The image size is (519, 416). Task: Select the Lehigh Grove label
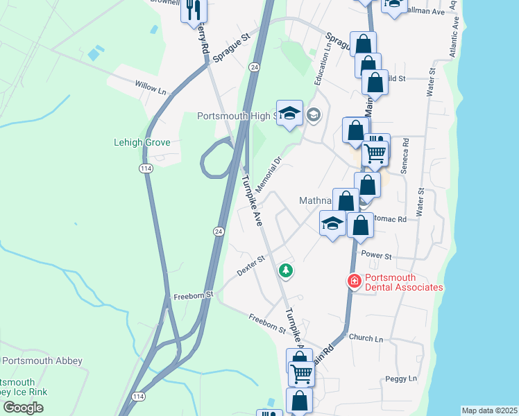[x=142, y=143]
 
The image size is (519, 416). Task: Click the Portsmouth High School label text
[x=236, y=116]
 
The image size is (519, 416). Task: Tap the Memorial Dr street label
[x=268, y=175]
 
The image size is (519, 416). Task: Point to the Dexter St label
[x=251, y=265]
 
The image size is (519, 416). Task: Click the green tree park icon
[x=284, y=270]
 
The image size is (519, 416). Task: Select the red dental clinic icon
[x=354, y=281]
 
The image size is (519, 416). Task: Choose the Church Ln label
[x=366, y=338]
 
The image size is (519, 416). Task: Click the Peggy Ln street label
[x=402, y=379]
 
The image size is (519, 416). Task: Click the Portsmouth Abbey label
[x=43, y=361]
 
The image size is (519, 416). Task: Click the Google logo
[x=23, y=408]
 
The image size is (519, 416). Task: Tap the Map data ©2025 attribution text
[x=489, y=410]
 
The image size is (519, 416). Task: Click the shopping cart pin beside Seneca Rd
[x=375, y=153]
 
